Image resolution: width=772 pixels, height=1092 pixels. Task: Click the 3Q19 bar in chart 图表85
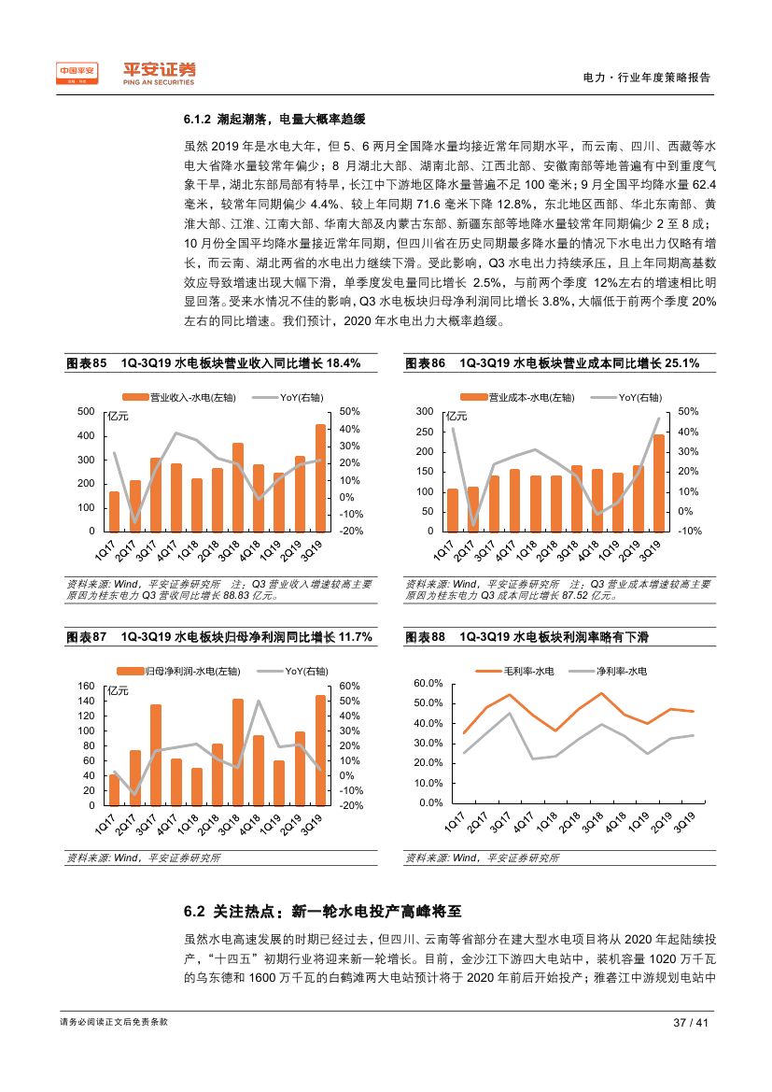tap(320, 477)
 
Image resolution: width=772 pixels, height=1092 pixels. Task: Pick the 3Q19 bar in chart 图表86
tap(658, 482)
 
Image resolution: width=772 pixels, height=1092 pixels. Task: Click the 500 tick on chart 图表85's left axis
tap(87, 412)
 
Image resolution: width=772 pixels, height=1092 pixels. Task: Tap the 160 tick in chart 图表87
tap(87, 687)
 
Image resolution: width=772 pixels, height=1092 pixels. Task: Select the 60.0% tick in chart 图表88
tap(428, 685)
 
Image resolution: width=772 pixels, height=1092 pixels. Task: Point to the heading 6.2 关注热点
tap(322, 911)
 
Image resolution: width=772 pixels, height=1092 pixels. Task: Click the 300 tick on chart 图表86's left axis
tap(426, 412)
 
